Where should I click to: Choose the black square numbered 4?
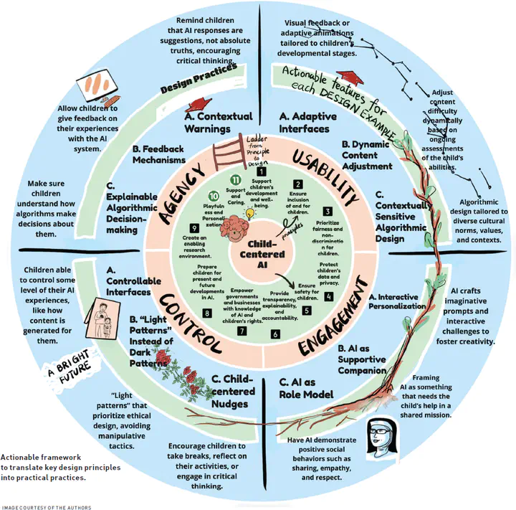coord(328,296)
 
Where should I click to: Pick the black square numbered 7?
coord(242,331)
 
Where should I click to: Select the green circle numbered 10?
coord(214,195)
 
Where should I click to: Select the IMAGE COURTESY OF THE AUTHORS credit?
coord(46,506)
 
